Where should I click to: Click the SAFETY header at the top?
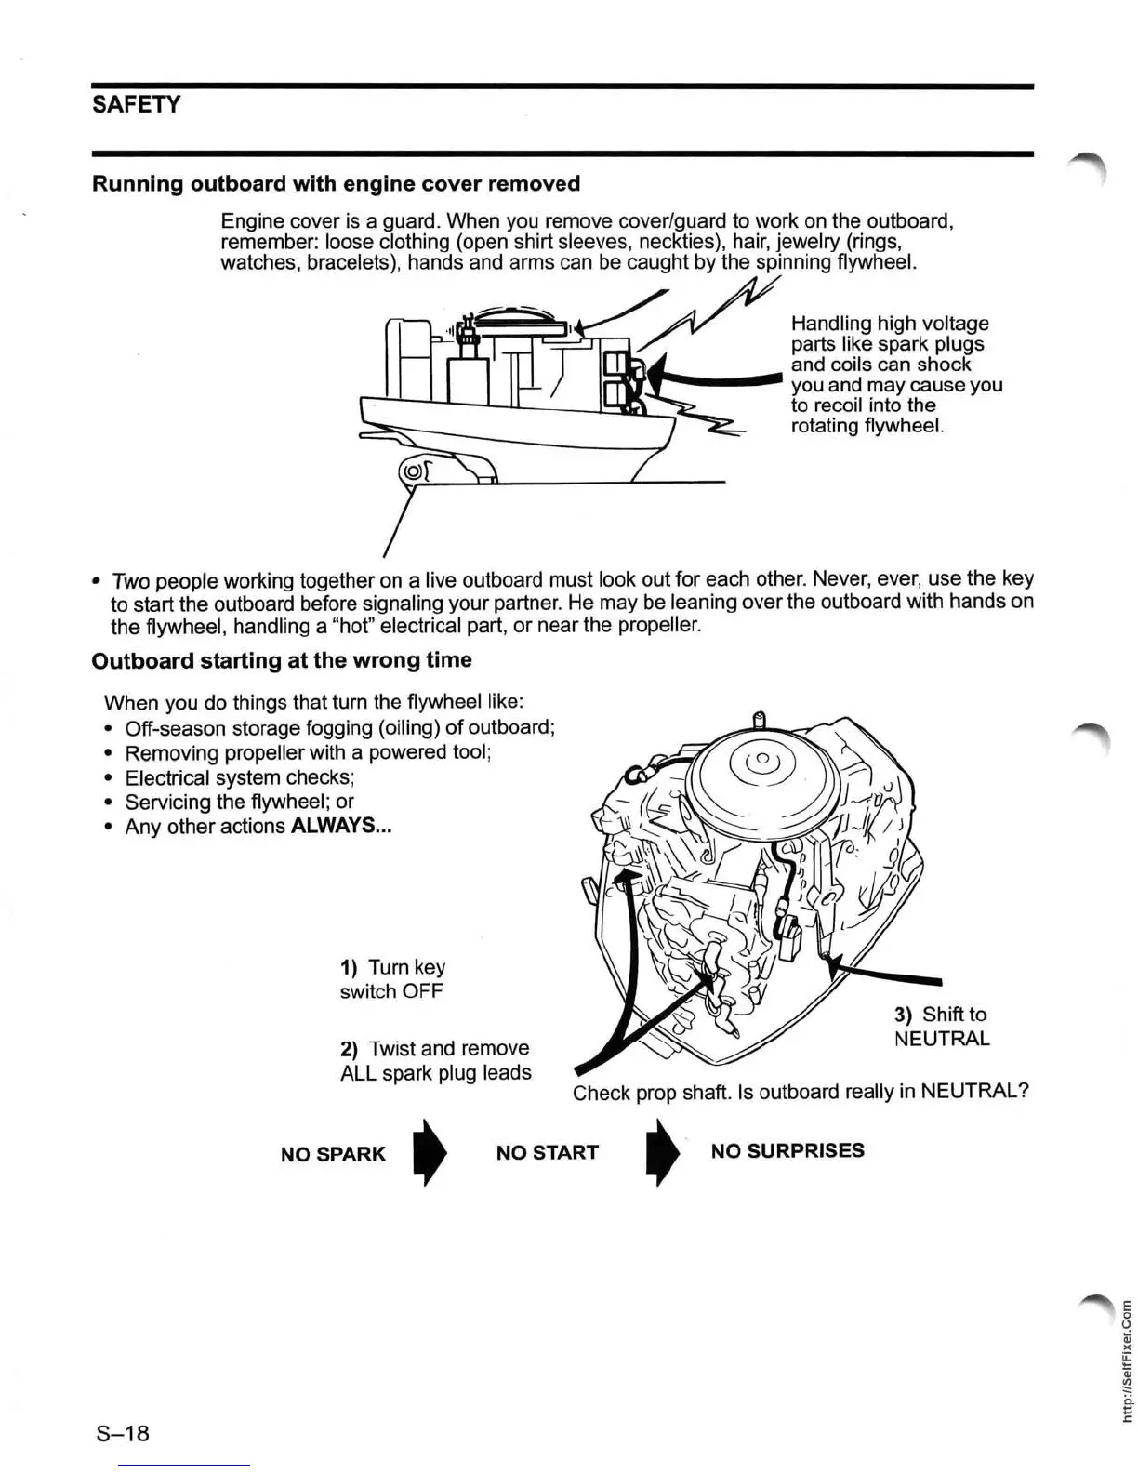tap(136, 104)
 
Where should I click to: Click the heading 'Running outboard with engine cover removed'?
tap(336, 183)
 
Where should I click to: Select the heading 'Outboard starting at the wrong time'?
tap(282, 660)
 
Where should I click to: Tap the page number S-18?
tap(123, 1432)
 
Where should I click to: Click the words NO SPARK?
tap(333, 1154)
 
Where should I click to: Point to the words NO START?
tap(547, 1153)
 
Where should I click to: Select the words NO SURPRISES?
tap(787, 1150)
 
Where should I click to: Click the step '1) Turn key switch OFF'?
tap(392, 979)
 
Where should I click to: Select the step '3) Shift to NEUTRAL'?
tap(941, 1026)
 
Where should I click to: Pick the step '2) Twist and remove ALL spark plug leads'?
tap(435, 1060)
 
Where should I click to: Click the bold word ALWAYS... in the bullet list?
tap(340, 826)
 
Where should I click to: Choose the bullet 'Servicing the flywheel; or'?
tap(239, 802)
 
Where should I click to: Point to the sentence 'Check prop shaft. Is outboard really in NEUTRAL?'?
tap(801, 1092)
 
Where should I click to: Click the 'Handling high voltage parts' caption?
tap(895, 374)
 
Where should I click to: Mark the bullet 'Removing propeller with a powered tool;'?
tap(308, 752)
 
